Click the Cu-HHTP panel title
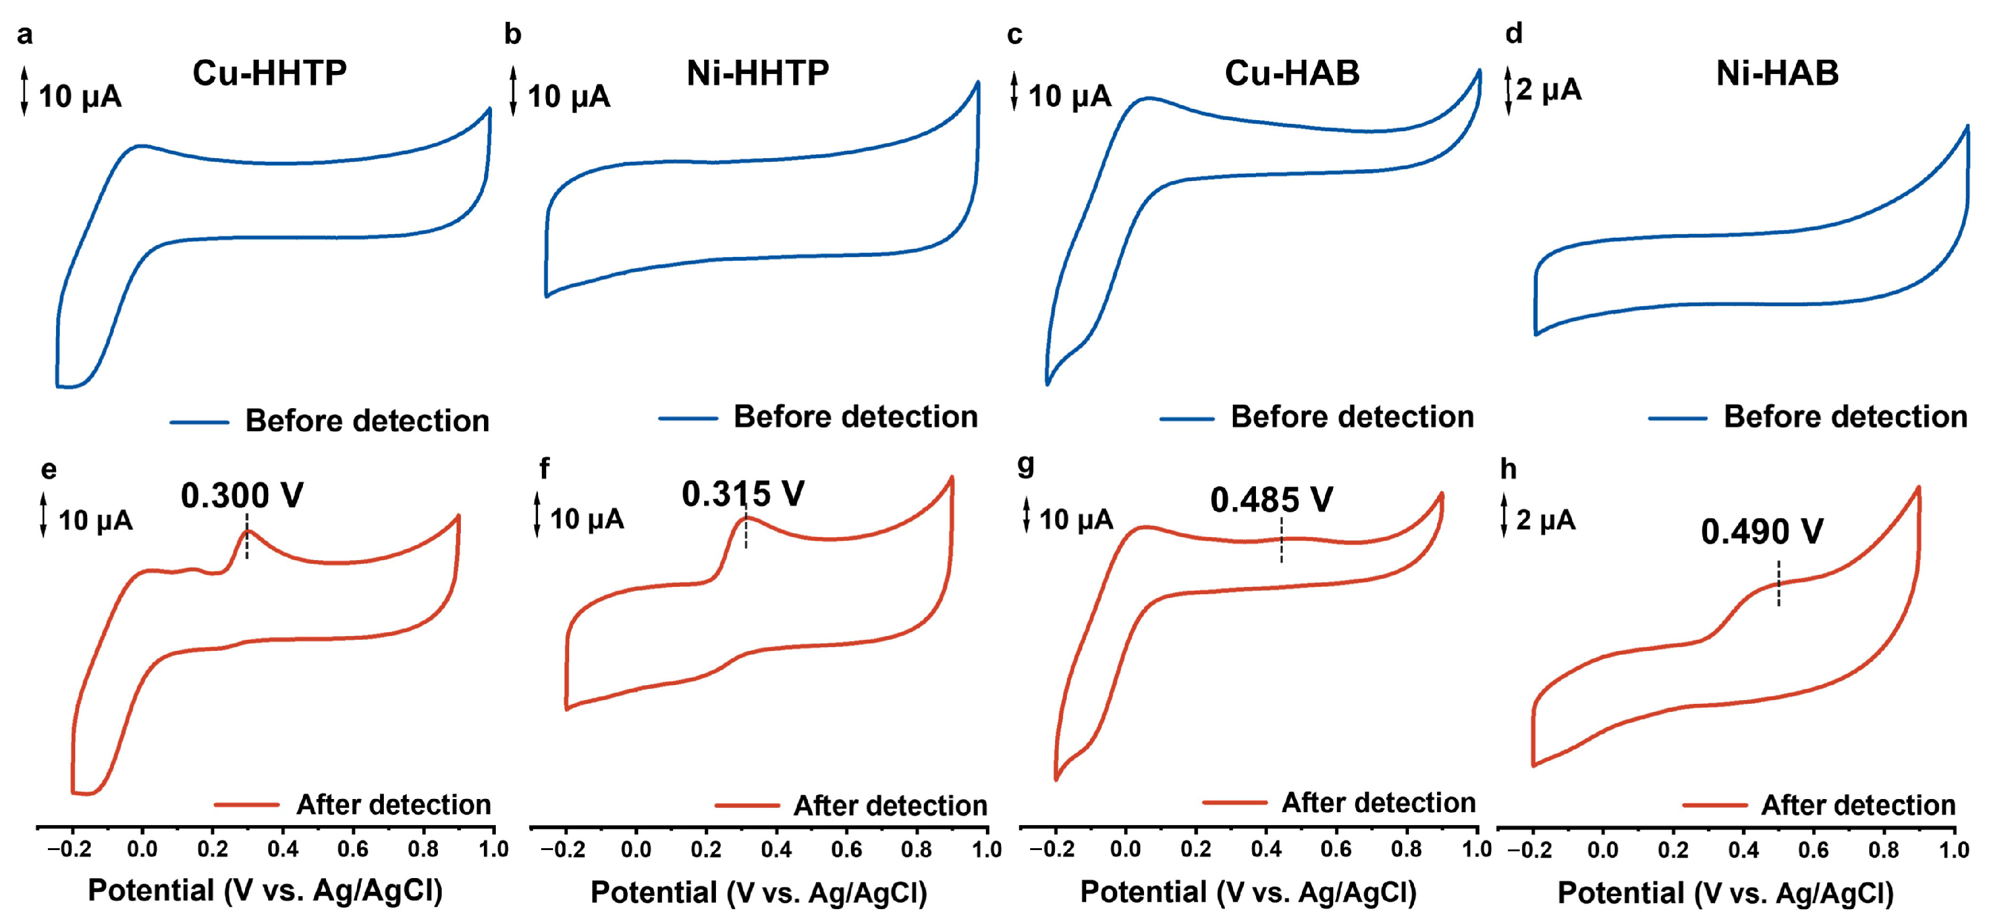click(x=269, y=73)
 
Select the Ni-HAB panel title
click(x=1777, y=73)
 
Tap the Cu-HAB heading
click(x=1291, y=73)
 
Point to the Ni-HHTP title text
click(x=757, y=73)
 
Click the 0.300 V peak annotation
click(x=242, y=495)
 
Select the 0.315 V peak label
click(x=742, y=493)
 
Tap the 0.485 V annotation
click(x=1272, y=500)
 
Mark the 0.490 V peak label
click(x=1762, y=531)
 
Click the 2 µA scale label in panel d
click(x=1548, y=90)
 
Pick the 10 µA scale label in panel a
click(x=80, y=96)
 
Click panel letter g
click(x=1026, y=464)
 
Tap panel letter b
click(x=512, y=34)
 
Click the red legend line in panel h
click(x=1714, y=805)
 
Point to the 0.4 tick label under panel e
click(x=283, y=849)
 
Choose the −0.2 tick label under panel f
click(x=562, y=850)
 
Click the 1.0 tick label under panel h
click(x=1954, y=850)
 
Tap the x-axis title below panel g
click(x=1248, y=892)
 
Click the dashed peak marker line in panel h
click(x=1779, y=583)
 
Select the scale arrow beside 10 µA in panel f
click(x=537, y=515)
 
